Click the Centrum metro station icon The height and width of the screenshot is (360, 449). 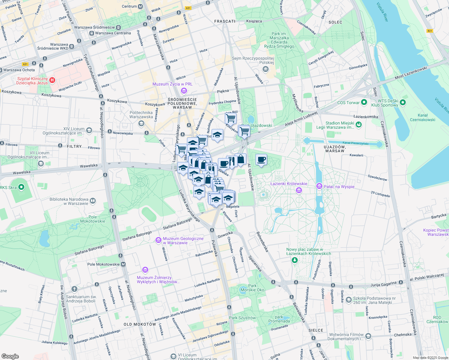(x=140, y=6)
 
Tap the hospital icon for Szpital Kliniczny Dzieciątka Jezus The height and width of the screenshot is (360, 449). (x=52, y=80)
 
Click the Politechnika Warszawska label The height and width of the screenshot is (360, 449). (x=141, y=115)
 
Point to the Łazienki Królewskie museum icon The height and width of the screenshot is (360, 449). (x=299, y=190)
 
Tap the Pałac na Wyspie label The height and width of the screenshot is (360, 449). (x=339, y=187)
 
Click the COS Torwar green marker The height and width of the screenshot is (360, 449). (x=364, y=103)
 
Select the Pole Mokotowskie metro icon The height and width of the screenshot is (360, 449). (x=123, y=264)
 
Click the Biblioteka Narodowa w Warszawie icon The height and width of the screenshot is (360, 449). (x=93, y=201)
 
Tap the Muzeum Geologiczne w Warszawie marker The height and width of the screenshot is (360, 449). (x=158, y=240)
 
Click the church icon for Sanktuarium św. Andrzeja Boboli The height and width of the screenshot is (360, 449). (x=74, y=289)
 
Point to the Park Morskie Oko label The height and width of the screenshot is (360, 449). (x=252, y=288)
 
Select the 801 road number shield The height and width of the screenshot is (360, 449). (x=430, y=31)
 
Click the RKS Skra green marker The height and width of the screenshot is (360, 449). (x=21, y=187)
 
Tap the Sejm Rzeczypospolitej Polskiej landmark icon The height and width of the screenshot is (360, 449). (x=265, y=70)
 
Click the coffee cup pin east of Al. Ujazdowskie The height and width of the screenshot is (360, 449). (x=261, y=160)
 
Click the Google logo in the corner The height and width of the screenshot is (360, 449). (x=10, y=356)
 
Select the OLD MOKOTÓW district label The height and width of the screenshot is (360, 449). (x=140, y=324)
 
